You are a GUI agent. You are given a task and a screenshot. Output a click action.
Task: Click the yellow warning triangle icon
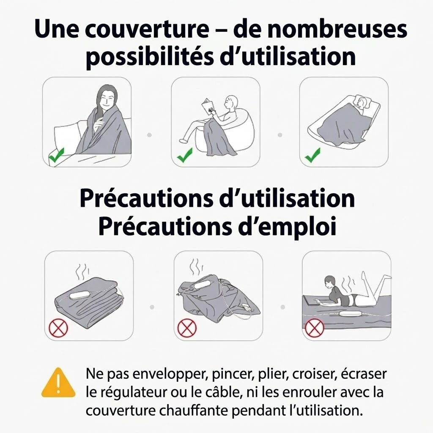58,383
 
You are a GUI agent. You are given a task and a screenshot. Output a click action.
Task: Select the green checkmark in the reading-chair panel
185,156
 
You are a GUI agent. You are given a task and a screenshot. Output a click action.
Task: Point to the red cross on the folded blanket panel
58,328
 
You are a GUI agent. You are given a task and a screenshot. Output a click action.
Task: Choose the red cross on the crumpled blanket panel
187,328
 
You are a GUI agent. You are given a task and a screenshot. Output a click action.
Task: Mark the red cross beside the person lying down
314,328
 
